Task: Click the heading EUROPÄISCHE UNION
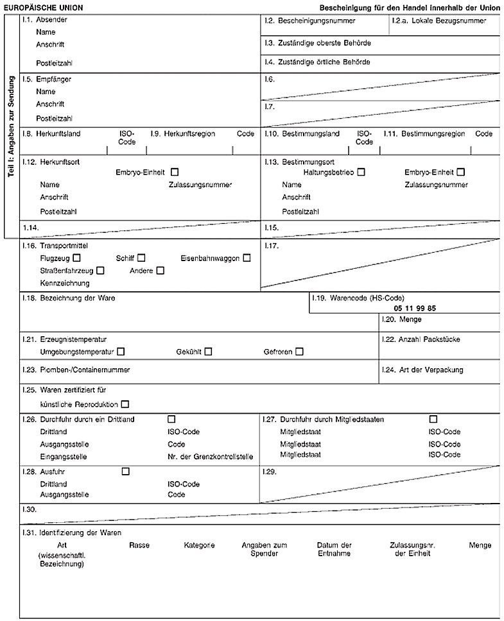point(43,7)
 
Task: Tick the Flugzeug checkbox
point(77,258)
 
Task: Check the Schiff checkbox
point(141,258)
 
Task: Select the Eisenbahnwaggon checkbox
point(247,258)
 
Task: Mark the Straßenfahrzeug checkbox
point(100,270)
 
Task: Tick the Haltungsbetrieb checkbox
point(361,172)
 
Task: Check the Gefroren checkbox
point(299,351)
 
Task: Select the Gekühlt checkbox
point(208,351)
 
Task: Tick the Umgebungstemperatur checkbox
point(121,351)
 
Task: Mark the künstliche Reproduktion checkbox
point(125,404)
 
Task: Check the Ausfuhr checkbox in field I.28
point(125,472)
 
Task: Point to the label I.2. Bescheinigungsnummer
point(302,21)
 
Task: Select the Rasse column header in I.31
point(139,545)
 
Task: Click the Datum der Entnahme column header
point(334,549)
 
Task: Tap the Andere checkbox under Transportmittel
point(160,270)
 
